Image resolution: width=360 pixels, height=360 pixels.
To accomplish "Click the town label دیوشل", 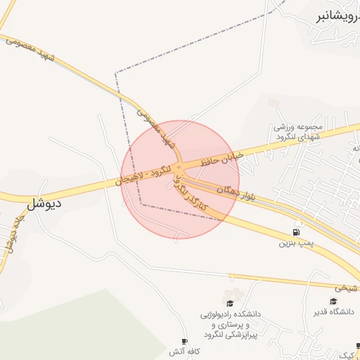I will (44, 205).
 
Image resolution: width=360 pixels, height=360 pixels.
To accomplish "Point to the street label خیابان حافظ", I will (221, 159).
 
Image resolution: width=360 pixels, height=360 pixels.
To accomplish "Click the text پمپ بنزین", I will (295, 244).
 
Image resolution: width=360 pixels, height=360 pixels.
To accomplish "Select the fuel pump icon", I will (295, 233).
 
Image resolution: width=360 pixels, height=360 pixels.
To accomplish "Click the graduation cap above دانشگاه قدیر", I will (333, 301).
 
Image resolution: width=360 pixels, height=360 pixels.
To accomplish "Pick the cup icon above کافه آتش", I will (184, 340).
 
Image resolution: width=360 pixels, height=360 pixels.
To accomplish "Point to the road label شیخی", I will (346, 287).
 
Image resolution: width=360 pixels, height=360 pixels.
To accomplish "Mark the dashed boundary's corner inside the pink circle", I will (141, 205).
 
